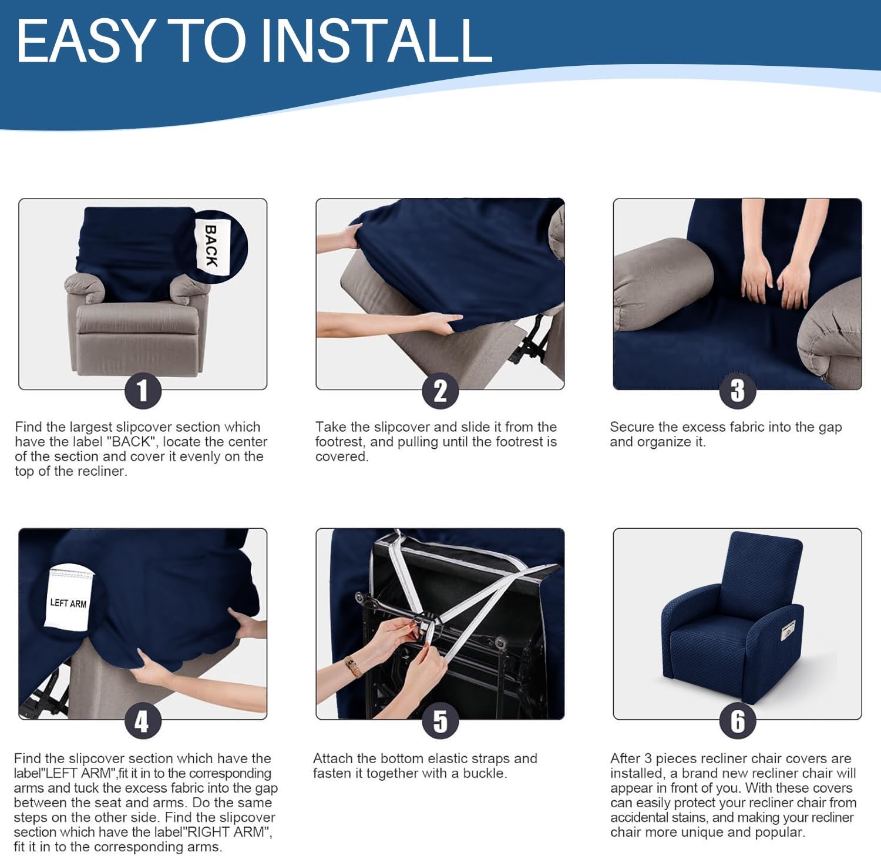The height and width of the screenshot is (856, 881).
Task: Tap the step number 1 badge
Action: (x=143, y=391)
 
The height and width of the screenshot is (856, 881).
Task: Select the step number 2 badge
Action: (x=440, y=391)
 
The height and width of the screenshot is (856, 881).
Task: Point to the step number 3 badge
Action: (x=737, y=391)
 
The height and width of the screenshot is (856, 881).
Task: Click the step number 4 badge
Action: (x=143, y=721)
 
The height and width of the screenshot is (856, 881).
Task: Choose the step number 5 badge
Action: (x=440, y=721)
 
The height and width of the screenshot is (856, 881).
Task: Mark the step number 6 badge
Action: (x=737, y=721)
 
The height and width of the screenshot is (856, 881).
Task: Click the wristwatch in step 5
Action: (x=354, y=667)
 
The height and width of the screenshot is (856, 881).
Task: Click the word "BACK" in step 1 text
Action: (x=132, y=442)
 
